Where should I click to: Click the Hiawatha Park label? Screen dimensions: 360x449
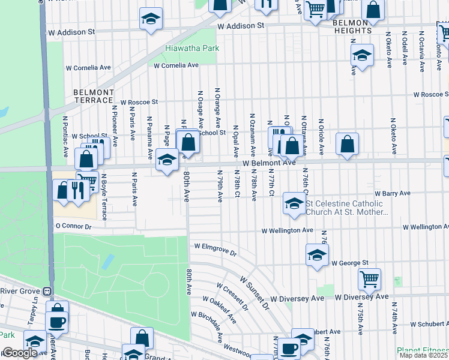[x=192, y=48]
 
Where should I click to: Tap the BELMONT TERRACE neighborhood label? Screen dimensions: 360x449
[x=93, y=96]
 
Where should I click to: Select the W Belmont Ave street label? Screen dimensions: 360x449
[x=270, y=163]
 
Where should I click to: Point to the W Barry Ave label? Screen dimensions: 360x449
[x=393, y=194]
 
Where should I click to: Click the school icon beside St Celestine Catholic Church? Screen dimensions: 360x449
[x=294, y=203]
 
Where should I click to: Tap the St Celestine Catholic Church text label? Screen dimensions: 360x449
[x=347, y=208]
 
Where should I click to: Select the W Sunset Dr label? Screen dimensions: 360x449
[x=255, y=292]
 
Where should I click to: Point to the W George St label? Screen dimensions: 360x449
[x=349, y=263]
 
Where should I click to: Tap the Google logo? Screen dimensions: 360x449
[x=20, y=353]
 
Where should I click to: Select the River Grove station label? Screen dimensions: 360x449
[x=22, y=291]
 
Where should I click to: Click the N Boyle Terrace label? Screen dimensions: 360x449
[x=103, y=196]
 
